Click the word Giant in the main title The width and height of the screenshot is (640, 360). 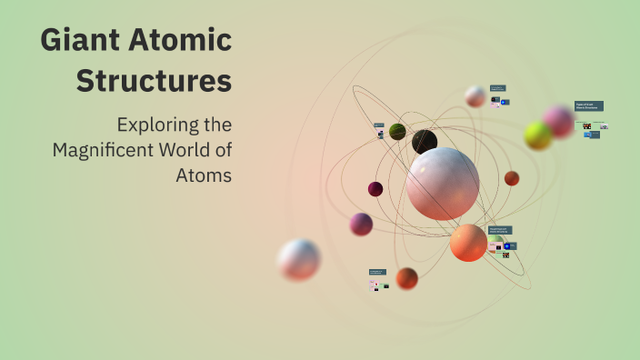click(x=79, y=42)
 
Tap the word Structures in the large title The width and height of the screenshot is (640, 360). click(x=154, y=81)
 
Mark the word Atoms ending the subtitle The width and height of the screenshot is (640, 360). click(x=204, y=174)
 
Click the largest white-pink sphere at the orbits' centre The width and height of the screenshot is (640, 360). click(x=443, y=183)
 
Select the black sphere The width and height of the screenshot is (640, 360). click(x=425, y=142)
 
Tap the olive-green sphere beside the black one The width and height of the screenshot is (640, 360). click(x=397, y=132)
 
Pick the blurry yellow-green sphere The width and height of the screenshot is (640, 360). click(x=538, y=135)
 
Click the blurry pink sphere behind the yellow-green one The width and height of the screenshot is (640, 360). click(x=558, y=122)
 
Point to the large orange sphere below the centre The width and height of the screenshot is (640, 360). click(x=468, y=243)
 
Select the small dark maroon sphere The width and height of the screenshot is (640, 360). click(x=375, y=189)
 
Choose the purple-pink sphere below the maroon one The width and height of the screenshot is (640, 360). click(x=361, y=224)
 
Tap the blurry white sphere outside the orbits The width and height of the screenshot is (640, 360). click(x=299, y=259)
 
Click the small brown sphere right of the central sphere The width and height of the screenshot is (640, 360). click(x=512, y=178)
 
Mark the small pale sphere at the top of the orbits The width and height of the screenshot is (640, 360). click(x=475, y=96)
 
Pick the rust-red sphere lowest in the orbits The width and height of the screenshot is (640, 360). click(x=407, y=278)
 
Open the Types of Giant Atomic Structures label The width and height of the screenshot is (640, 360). click(x=588, y=106)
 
